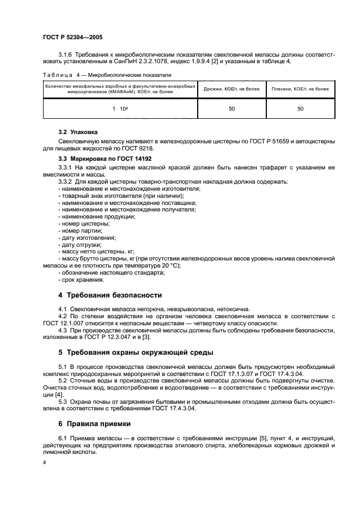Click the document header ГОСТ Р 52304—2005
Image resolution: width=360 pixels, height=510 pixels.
pos(72,38)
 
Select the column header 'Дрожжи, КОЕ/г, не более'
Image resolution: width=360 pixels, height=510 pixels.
pos(231,88)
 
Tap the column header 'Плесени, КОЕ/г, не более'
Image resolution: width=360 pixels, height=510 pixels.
pos(300,88)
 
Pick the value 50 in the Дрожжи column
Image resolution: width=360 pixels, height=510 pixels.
pos(231,109)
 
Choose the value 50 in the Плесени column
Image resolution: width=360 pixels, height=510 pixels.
pos(300,109)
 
